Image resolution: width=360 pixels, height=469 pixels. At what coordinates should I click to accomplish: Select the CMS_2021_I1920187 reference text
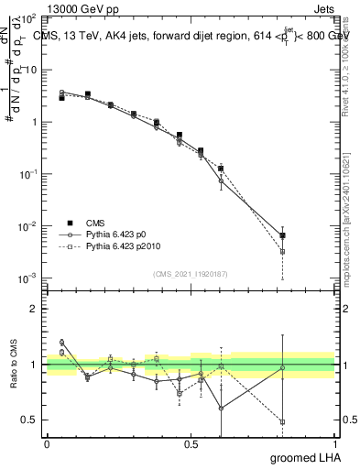tap(191, 273)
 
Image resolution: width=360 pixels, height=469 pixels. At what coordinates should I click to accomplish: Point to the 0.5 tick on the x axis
tap(191, 442)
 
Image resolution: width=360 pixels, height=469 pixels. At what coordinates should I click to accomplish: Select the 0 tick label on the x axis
tap(47, 442)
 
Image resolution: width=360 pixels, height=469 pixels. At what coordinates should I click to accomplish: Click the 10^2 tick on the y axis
tap(27, 18)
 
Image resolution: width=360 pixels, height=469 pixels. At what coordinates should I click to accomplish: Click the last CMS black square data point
tap(282, 235)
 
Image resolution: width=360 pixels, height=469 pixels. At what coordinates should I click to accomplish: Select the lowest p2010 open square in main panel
tap(282, 251)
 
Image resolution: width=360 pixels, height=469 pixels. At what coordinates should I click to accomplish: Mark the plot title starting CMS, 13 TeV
tap(191, 35)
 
